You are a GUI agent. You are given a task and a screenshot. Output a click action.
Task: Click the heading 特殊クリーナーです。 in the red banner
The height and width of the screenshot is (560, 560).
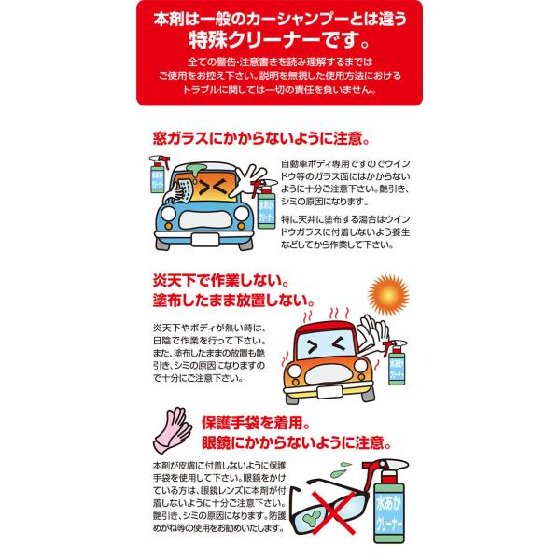coord(280,40)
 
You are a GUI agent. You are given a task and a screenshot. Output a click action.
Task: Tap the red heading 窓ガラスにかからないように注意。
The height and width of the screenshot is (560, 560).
coord(261,138)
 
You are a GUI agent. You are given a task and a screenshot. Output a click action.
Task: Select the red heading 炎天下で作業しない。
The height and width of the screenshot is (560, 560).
coord(220,281)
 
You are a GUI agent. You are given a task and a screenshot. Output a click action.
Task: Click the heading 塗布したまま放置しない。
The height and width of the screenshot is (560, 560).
coord(234,300)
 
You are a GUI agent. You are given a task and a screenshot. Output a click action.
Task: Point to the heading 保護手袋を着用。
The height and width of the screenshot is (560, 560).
coord(256,423)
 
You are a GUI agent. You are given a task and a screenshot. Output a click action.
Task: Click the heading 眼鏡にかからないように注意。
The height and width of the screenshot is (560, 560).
coord(297,442)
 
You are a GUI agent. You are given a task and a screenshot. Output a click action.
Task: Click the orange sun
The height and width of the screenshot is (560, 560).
coord(388,295)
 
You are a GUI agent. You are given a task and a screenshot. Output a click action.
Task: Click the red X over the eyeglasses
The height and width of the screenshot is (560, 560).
coord(335,512)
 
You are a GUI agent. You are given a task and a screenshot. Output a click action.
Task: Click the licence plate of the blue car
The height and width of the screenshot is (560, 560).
coord(204,239)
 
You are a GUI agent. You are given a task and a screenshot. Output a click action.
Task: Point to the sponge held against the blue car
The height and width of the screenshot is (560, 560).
coord(185,189)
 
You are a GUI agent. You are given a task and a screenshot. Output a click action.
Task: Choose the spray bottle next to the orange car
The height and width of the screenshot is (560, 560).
coord(396,362)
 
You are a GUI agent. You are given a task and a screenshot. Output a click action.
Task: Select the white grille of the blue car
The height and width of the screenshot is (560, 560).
coord(203,220)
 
